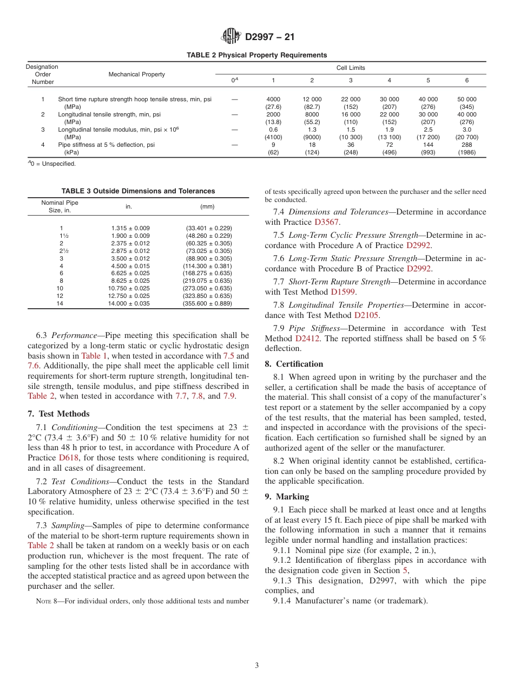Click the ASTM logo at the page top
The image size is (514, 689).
[231, 37]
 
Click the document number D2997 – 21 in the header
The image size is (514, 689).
[270, 37]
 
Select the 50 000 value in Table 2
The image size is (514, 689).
[467, 99]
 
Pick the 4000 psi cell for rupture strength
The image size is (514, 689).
[273, 99]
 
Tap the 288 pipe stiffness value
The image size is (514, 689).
[467, 145]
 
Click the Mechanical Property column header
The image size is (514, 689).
[136, 74]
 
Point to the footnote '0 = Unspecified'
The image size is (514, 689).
[52, 164]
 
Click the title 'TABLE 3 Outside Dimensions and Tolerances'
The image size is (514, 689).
[138, 191]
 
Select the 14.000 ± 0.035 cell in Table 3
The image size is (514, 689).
[130, 304]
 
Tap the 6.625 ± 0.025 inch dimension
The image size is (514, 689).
[130, 274]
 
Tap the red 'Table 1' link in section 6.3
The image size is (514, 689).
[94, 356]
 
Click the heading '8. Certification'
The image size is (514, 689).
[294, 364]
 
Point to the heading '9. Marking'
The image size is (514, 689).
[287, 497]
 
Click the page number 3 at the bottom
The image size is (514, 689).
[257, 666]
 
